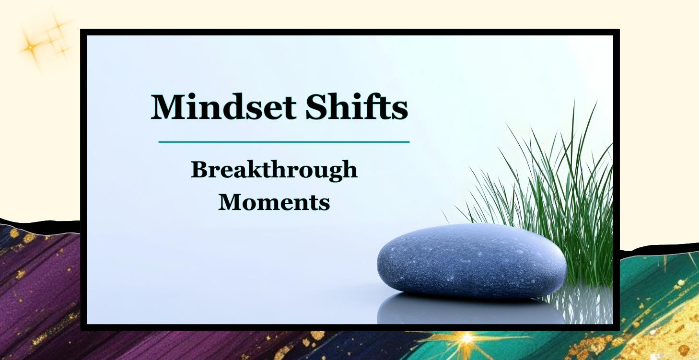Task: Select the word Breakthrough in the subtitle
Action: pyautogui.click(x=274, y=171)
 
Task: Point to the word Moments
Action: pyautogui.click(x=274, y=203)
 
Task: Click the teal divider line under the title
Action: pyautogui.click(x=284, y=142)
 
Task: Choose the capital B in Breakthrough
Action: pyautogui.click(x=198, y=171)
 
